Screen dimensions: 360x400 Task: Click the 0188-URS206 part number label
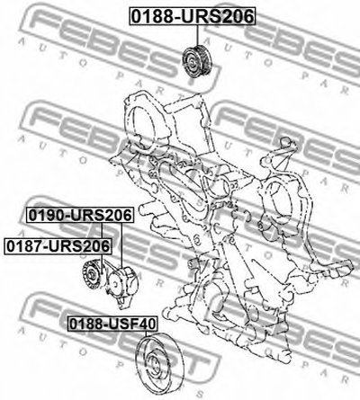(x=193, y=16)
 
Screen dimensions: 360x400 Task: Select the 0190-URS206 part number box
(x=80, y=215)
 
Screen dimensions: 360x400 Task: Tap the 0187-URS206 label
(x=58, y=246)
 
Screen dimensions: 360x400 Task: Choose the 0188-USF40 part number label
(x=112, y=324)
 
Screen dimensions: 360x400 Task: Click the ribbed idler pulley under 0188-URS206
(x=198, y=61)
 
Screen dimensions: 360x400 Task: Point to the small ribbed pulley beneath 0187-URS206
(x=92, y=275)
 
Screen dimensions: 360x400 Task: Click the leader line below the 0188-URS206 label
(x=198, y=35)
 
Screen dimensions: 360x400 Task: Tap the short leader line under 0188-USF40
(x=146, y=334)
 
